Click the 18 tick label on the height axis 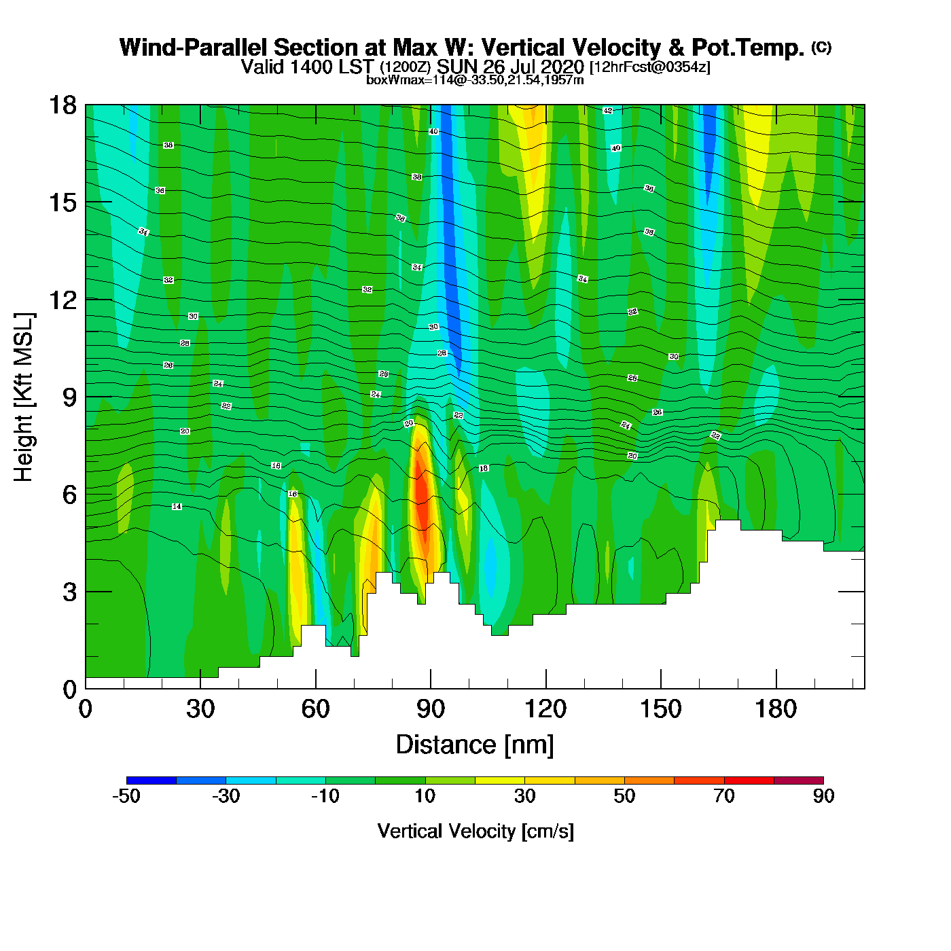pyautogui.click(x=62, y=105)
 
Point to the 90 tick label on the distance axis pyautogui.click(x=431, y=709)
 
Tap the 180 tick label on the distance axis pyautogui.click(x=775, y=709)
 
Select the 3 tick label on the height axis pyautogui.click(x=69, y=592)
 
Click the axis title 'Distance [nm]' pyautogui.click(x=475, y=744)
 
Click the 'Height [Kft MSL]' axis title pyautogui.click(x=24, y=397)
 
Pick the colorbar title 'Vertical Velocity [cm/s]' pyautogui.click(x=475, y=831)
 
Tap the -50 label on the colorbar pyautogui.click(x=126, y=796)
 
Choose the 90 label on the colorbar pyautogui.click(x=823, y=796)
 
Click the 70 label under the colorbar pyautogui.click(x=724, y=796)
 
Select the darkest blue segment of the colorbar pyautogui.click(x=151, y=780)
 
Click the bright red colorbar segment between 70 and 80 pyautogui.click(x=749, y=780)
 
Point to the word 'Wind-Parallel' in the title pyautogui.click(x=194, y=48)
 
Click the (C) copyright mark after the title pyautogui.click(x=821, y=47)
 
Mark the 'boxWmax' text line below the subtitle pyautogui.click(x=475, y=80)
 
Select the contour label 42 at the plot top pyautogui.click(x=608, y=110)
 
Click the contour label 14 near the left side pyautogui.click(x=177, y=507)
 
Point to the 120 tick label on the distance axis pyautogui.click(x=545, y=709)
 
